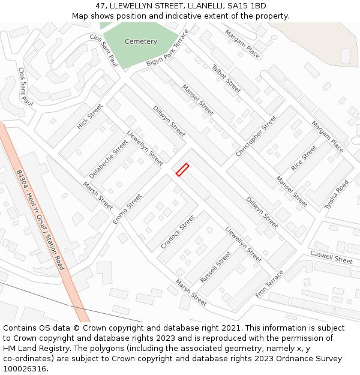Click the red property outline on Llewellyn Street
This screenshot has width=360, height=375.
[x=182, y=170]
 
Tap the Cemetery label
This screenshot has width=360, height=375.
[x=140, y=41]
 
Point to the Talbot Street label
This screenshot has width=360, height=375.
[x=226, y=79]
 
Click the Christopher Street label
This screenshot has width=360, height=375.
[x=256, y=136]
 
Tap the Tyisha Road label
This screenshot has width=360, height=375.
[x=336, y=194]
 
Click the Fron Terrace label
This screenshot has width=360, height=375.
[x=269, y=284]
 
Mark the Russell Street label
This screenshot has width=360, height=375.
[x=215, y=268]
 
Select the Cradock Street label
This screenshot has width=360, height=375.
[x=178, y=232]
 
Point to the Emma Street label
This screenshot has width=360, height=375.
[x=127, y=209]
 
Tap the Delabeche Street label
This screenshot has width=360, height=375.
[x=109, y=159]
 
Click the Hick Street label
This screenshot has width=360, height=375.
[x=90, y=116]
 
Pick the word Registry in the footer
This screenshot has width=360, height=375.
[x=71, y=349]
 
